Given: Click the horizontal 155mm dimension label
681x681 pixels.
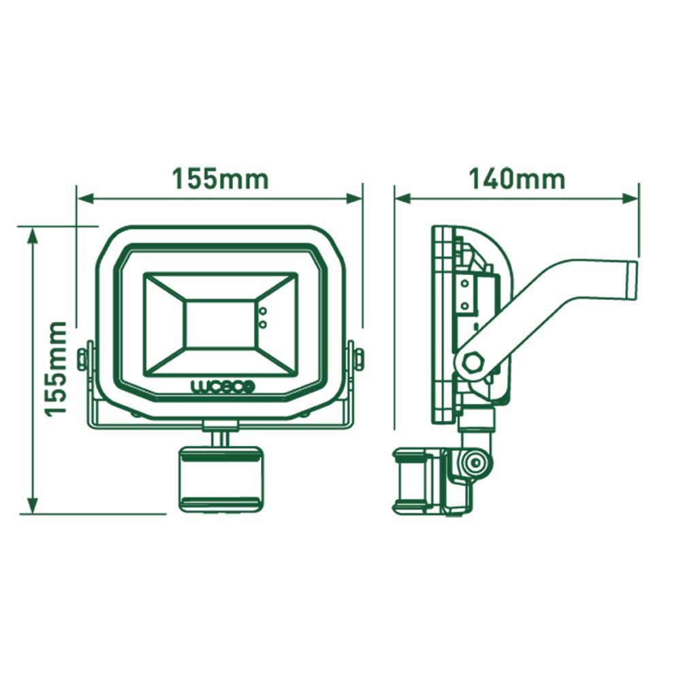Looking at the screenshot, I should pyautogui.click(x=219, y=179).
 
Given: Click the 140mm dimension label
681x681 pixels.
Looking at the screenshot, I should pyautogui.click(x=516, y=178).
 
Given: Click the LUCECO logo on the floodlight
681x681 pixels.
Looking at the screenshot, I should pyautogui.click(x=222, y=387).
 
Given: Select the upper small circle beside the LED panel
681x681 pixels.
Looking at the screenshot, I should pyautogui.click(x=263, y=311).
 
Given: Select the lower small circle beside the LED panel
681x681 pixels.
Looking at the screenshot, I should pyautogui.click(x=263, y=324).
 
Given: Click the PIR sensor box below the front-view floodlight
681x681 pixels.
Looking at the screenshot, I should pyautogui.click(x=219, y=478).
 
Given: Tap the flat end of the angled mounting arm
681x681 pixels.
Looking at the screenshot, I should pyautogui.click(x=631, y=279).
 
